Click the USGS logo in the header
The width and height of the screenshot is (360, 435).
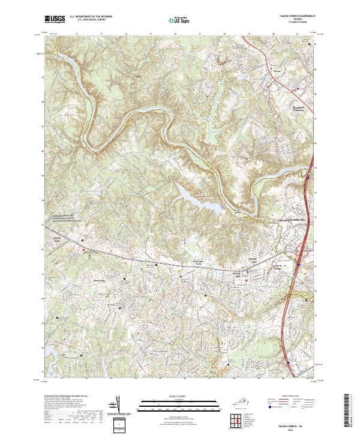(x=55, y=19)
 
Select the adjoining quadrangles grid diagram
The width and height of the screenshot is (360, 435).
(x=236, y=418)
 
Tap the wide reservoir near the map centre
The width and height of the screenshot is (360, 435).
(x=195, y=195)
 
